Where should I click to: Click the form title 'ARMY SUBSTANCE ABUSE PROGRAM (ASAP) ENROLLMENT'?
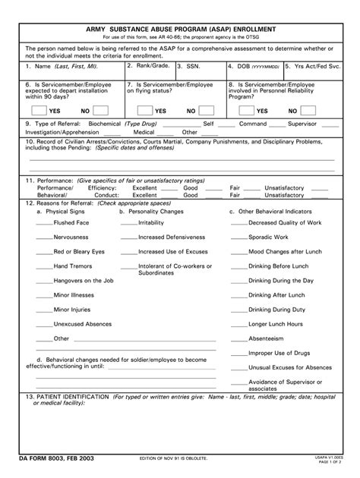pos(179,28)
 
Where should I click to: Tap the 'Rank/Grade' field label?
pos(149,66)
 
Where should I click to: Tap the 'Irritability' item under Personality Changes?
pos(151,223)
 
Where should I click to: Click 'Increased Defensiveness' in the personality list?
pos(171,237)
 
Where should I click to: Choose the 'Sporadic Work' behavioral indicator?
pos(270,237)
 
